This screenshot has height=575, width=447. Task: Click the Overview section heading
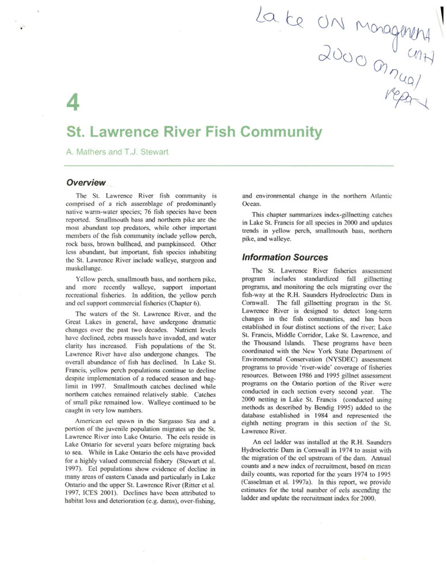86,183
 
